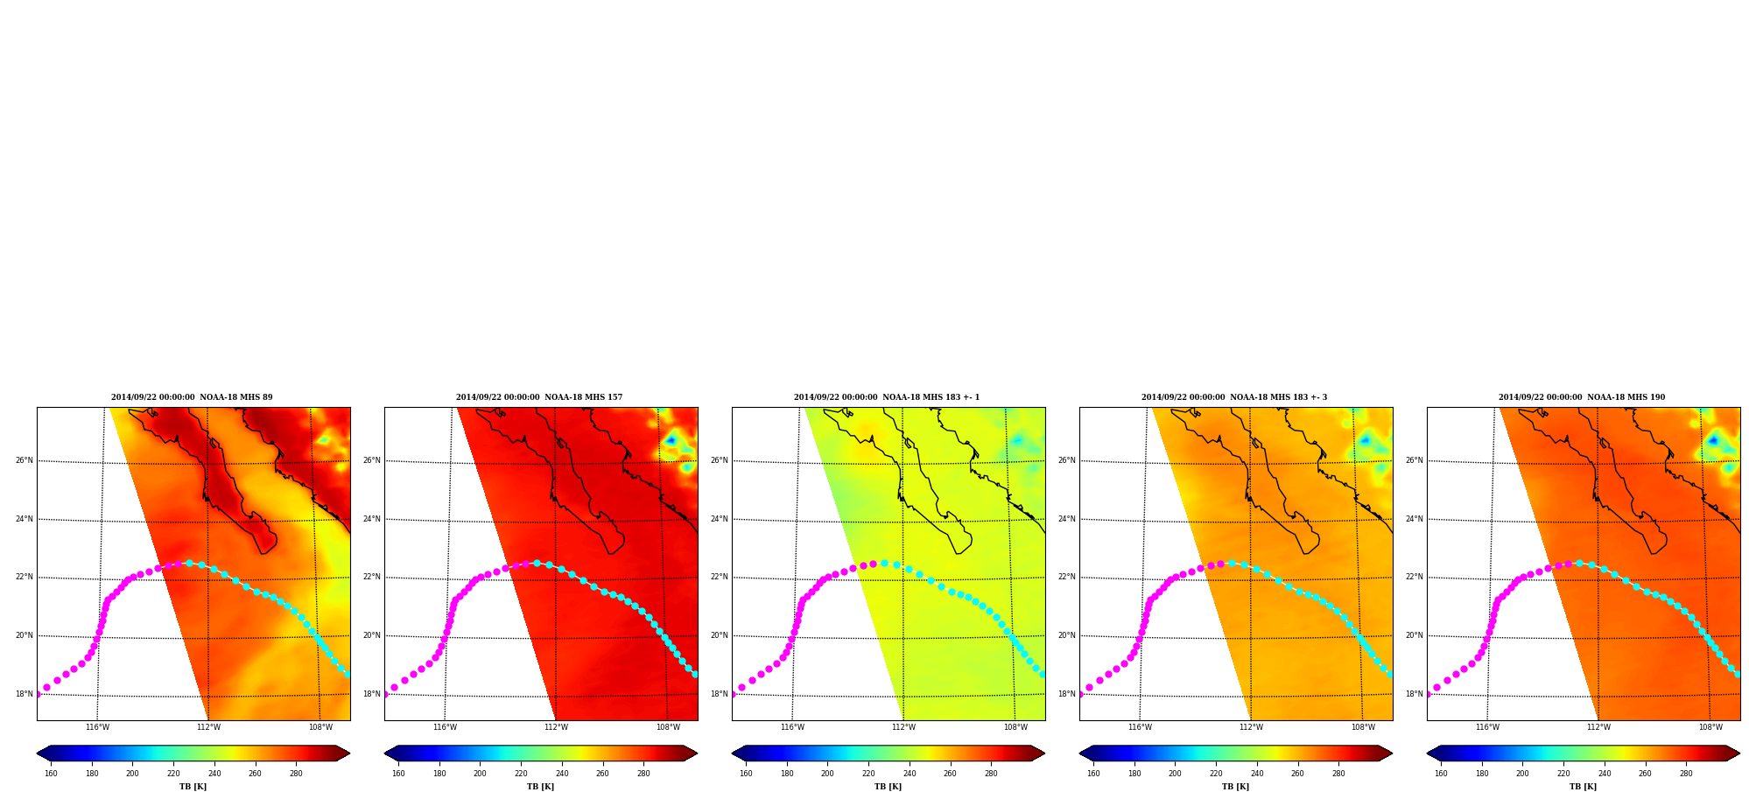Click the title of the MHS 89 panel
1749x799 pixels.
[192, 397]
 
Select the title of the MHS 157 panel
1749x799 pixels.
[539, 397]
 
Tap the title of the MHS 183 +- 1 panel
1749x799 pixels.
[887, 397]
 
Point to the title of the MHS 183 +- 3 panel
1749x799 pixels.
[1234, 397]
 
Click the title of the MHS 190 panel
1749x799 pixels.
[1582, 397]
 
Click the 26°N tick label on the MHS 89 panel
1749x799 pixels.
[24, 460]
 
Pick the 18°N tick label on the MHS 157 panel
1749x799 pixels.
[371, 694]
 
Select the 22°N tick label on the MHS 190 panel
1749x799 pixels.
[1414, 577]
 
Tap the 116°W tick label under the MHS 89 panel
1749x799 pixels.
[97, 727]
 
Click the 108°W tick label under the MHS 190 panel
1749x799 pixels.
[1710, 727]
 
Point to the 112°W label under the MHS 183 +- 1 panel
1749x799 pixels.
[903, 727]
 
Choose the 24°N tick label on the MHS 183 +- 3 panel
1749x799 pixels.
[1066, 519]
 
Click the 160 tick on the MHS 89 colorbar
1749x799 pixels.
[51, 774]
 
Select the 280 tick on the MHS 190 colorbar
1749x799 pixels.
[1686, 774]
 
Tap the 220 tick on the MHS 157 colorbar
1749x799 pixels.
[521, 774]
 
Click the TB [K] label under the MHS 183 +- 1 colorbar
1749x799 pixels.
[888, 787]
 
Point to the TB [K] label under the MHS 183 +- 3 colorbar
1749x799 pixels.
[1235, 787]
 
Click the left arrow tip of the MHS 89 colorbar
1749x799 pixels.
[37, 753]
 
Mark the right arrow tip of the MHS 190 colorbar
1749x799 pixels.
[1739, 753]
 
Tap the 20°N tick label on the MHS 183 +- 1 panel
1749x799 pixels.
[719, 635]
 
